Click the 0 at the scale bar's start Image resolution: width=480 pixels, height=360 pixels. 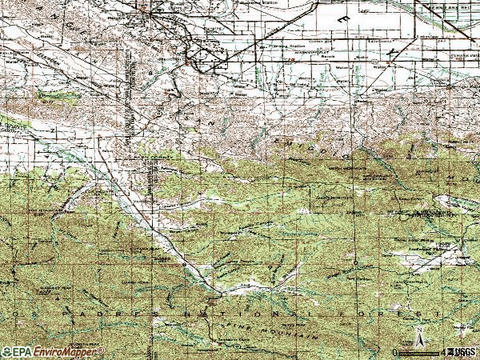pos(394,353)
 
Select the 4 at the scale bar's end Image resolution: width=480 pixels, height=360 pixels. pos(442,353)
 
